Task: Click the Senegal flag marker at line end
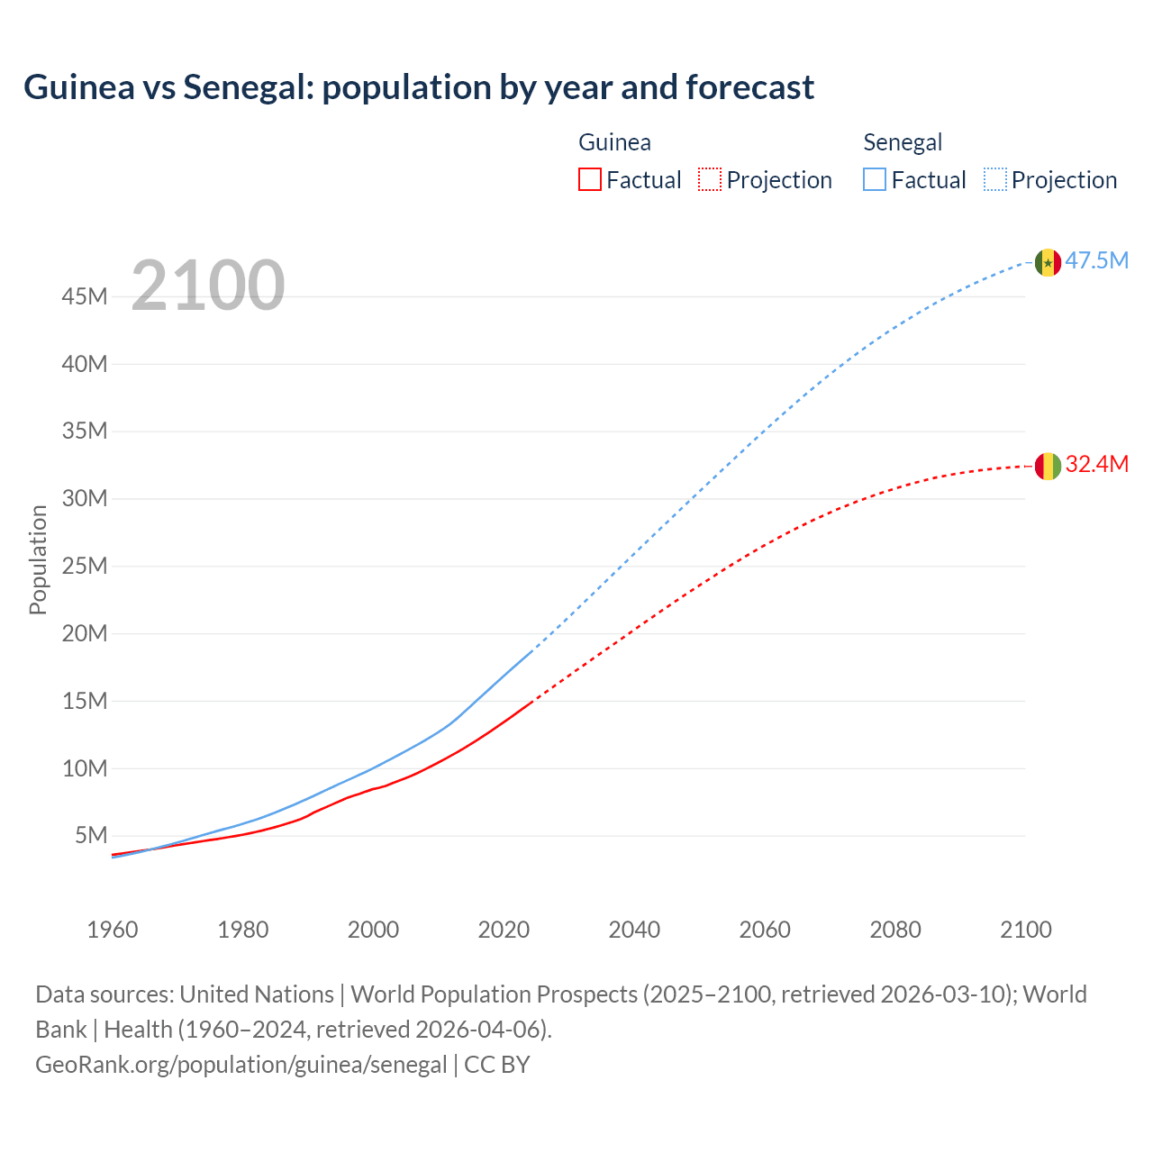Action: (x=1048, y=262)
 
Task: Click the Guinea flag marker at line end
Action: (x=1048, y=466)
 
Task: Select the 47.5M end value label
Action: (x=1096, y=261)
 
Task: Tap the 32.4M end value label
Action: (x=1096, y=465)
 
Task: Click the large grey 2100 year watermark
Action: (x=208, y=286)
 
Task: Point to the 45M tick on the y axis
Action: (x=86, y=296)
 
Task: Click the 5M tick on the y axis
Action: (x=91, y=835)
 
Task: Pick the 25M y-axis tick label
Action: (x=86, y=566)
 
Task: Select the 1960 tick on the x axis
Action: (x=113, y=930)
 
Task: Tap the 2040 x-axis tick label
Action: (x=634, y=930)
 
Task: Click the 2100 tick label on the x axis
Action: (x=1025, y=930)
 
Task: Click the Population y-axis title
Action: (x=38, y=559)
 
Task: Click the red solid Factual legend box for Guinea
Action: (x=590, y=179)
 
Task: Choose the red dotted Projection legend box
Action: (x=710, y=179)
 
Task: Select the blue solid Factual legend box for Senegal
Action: (x=875, y=179)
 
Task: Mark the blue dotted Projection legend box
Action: (x=995, y=179)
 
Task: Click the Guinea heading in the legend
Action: (x=614, y=142)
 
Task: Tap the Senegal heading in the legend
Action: (x=903, y=142)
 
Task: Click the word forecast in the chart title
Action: (x=749, y=87)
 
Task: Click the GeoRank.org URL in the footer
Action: (x=241, y=1065)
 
